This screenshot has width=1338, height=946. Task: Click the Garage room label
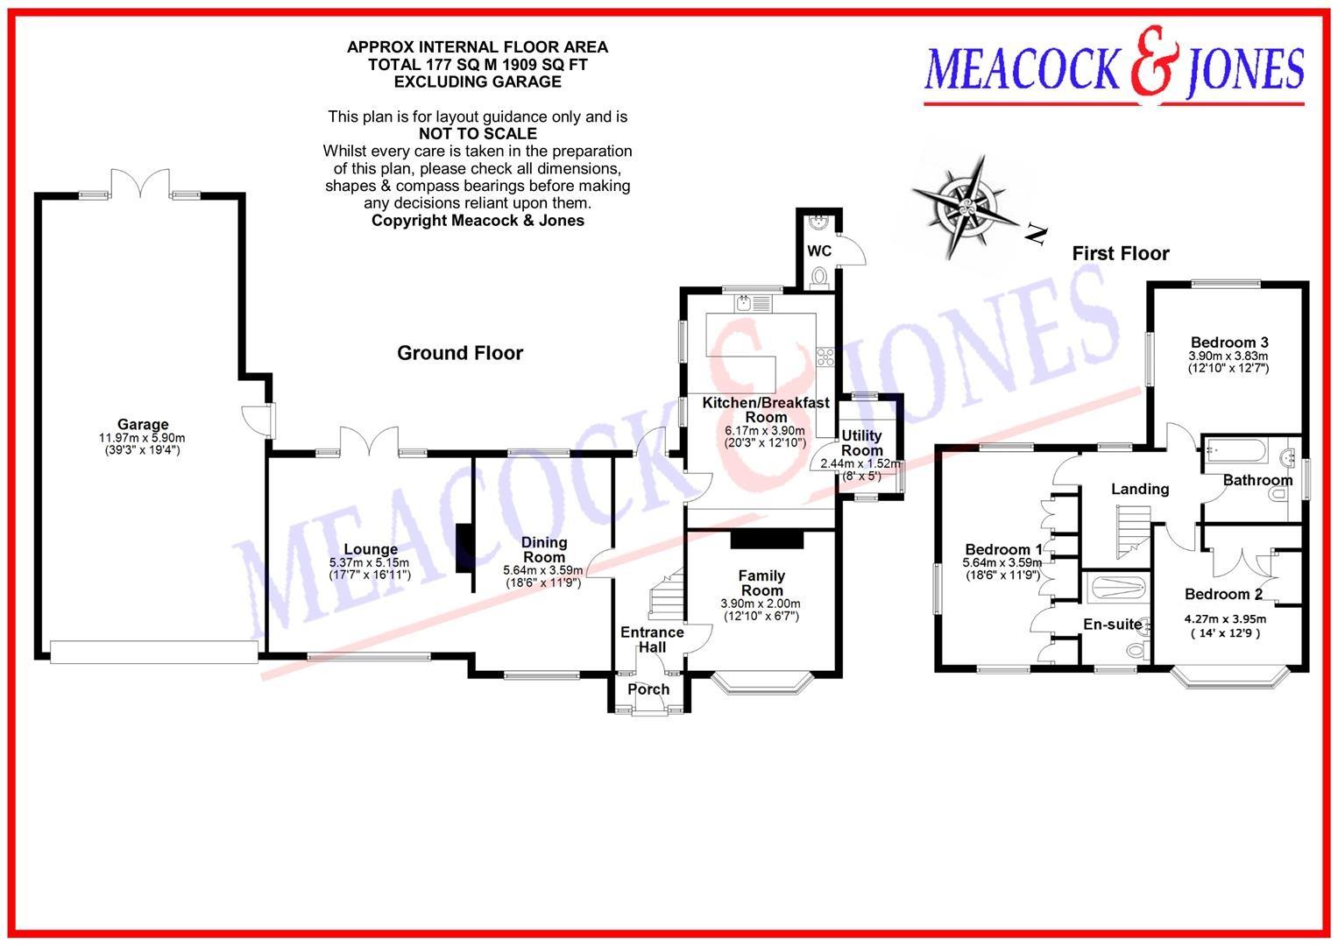pos(143,425)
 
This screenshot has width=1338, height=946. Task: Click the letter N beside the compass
pos(1037,234)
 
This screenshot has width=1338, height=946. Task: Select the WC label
pos(819,251)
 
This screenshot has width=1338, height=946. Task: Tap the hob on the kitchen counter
pos(825,356)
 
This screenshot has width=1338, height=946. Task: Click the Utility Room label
pos(861,442)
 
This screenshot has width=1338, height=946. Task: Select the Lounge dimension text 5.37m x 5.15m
pos(370,562)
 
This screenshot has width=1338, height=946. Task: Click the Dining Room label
pos(544,549)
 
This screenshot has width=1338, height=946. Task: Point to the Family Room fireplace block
pos(767,539)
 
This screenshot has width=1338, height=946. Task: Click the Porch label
pos(648,689)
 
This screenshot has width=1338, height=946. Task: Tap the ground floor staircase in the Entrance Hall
pos(665,597)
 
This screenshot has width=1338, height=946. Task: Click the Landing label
pos(1140,489)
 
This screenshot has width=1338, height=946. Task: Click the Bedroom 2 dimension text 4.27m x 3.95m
pos(1225,619)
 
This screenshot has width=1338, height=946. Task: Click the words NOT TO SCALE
pos(478,134)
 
